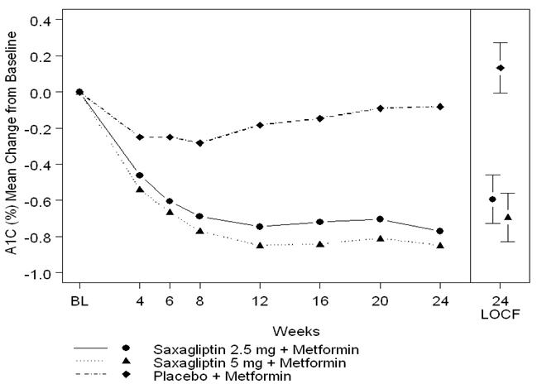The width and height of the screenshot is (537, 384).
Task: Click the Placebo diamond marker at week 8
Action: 199,143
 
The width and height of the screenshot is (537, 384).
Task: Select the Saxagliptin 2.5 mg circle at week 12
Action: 260,227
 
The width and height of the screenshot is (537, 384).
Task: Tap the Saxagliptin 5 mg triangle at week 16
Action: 320,244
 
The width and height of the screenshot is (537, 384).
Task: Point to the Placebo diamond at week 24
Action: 439,107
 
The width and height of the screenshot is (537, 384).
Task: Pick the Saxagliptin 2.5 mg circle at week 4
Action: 139,175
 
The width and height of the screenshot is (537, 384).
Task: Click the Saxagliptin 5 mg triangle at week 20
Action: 380,238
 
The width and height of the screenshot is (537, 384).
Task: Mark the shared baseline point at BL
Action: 79,92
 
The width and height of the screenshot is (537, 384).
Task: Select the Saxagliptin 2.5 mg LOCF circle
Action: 492,199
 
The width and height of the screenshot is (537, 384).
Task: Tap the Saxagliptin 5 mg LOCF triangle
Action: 508,218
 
